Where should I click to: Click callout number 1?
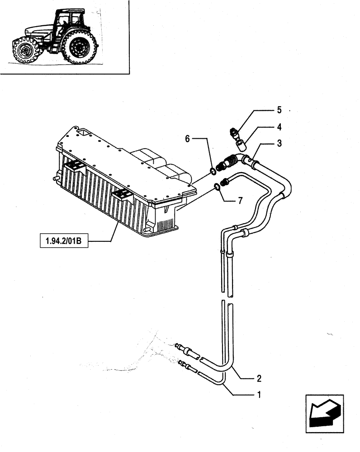[x=259, y=395]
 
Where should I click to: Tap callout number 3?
[x=280, y=143]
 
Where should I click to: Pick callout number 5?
[x=279, y=110]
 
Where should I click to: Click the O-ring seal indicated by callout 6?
[x=212, y=171]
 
